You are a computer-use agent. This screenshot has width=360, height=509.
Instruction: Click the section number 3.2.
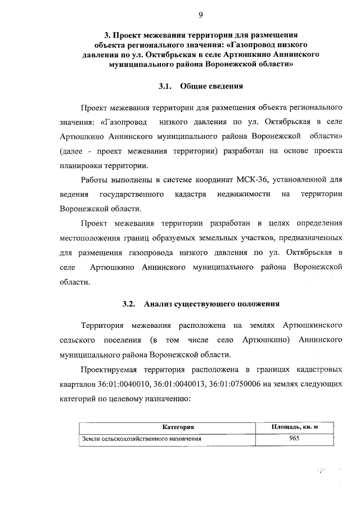point(129,304)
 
